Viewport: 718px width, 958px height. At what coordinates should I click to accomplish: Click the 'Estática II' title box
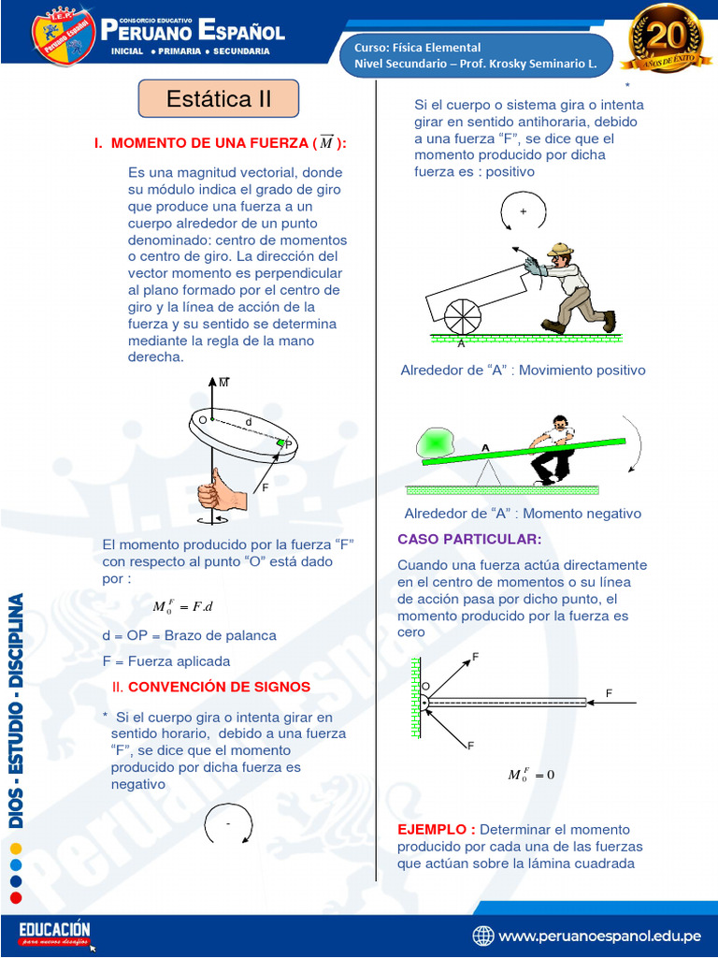click(x=219, y=98)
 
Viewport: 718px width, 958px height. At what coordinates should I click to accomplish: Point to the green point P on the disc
click(x=281, y=442)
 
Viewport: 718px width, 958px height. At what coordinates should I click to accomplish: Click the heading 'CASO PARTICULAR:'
click(x=469, y=540)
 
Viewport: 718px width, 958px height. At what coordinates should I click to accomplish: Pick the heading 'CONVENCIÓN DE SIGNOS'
click(x=219, y=687)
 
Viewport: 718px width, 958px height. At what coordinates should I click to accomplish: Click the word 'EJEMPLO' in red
click(x=436, y=830)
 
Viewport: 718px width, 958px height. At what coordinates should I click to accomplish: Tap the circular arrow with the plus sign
click(x=522, y=212)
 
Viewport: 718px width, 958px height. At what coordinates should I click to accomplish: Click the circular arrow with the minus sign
click(x=227, y=822)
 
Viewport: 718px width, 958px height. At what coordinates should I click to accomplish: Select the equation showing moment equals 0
click(x=530, y=775)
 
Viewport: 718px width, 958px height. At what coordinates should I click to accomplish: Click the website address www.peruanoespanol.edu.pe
click(x=599, y=936)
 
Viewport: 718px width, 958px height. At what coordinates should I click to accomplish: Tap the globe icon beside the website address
click(x=483, y=936)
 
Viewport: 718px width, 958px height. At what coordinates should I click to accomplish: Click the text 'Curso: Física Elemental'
click(x=418, y=48)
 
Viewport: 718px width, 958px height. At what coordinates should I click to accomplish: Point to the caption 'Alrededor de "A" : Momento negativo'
click(x=523, y=514)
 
